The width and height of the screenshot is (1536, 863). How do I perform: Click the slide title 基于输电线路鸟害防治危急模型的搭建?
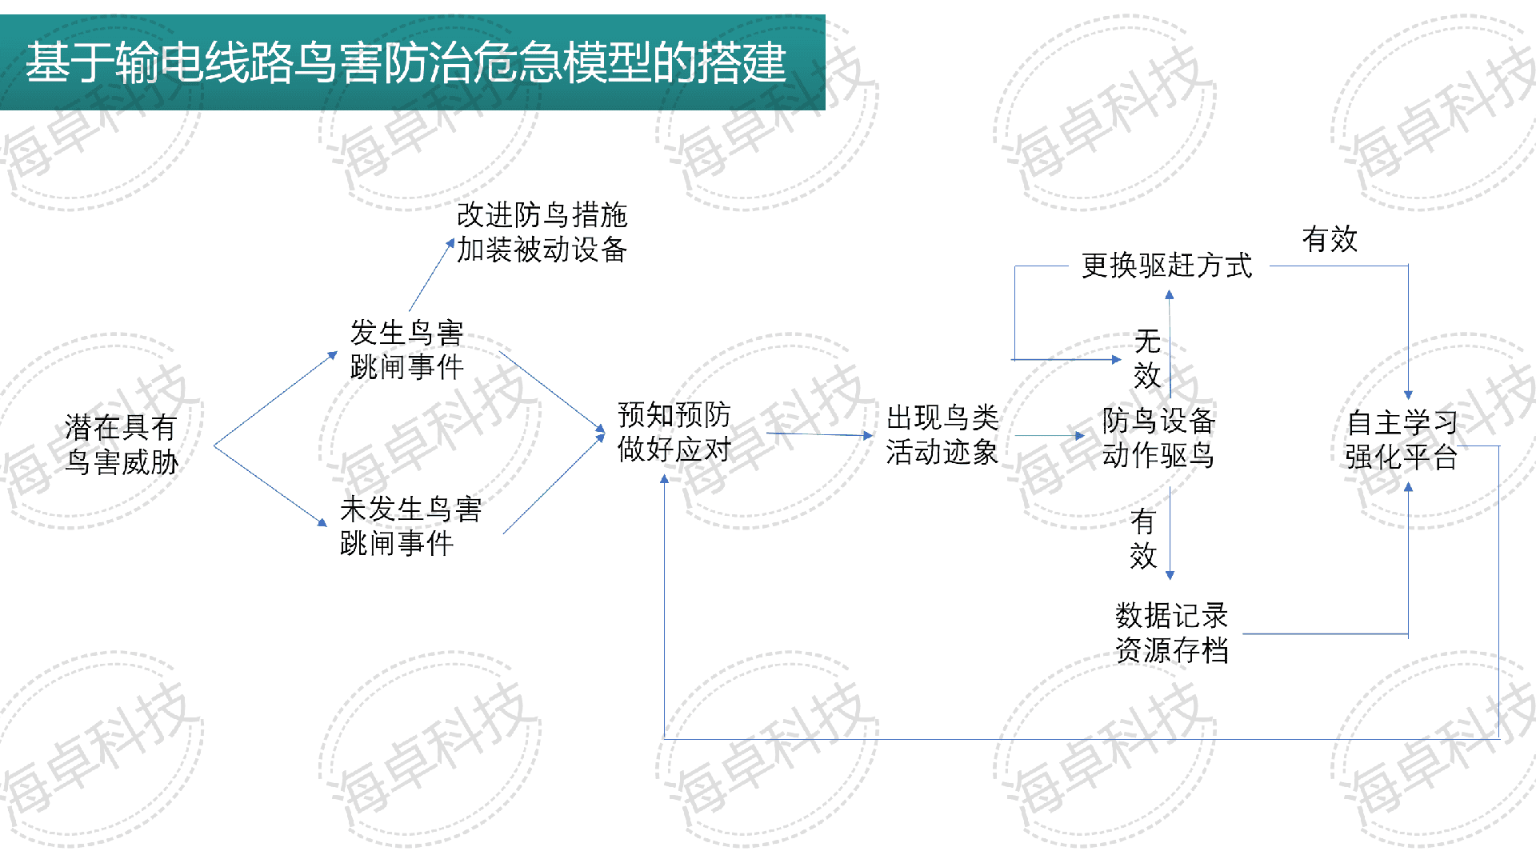click(x=406, y=62)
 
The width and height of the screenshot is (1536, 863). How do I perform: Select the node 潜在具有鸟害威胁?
click(x=122, y=445)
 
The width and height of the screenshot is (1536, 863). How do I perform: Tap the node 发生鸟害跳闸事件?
click(x=406, y=350)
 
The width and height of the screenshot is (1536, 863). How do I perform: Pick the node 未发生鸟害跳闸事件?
click(x=410, y=526)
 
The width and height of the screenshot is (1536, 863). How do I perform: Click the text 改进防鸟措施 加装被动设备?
click(x=542, y=233)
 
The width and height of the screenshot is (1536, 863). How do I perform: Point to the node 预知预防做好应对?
click(x=674, y=433)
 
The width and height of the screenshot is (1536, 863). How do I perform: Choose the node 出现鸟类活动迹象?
click(x=942, y=435)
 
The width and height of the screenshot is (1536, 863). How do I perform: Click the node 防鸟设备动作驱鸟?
click(x=1158, y=437)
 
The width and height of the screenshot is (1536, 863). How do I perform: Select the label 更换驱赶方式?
click(x=1166, y=266)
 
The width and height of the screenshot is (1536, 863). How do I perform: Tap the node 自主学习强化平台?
click(x=1401, y=440)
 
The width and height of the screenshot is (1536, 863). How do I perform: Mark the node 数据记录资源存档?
click(x=1172, y=633)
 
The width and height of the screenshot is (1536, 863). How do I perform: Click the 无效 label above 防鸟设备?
click(x=1147, y=359)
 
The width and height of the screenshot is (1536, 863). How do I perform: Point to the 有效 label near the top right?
click(x=1330, y=239)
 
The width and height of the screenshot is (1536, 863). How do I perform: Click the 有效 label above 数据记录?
click(x=1143, y=539)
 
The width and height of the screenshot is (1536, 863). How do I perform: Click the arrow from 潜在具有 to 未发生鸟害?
click(x=270, y=485)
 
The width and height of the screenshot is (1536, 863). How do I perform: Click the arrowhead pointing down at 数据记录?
click(x=1170, y=573)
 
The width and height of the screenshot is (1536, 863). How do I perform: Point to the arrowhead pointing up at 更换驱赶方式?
click(x=1169, y=294)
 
